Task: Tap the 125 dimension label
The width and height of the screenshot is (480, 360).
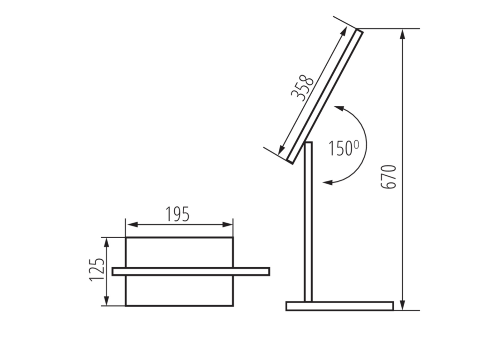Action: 97,270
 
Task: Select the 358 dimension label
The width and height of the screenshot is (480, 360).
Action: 302,88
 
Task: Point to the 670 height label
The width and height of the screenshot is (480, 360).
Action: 389,177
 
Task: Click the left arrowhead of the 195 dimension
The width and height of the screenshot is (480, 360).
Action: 132,225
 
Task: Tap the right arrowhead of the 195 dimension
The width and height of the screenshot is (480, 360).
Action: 227,225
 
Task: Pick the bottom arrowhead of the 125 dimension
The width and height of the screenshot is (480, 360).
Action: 106,300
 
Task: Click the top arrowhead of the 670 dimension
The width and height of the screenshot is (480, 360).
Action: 403,35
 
